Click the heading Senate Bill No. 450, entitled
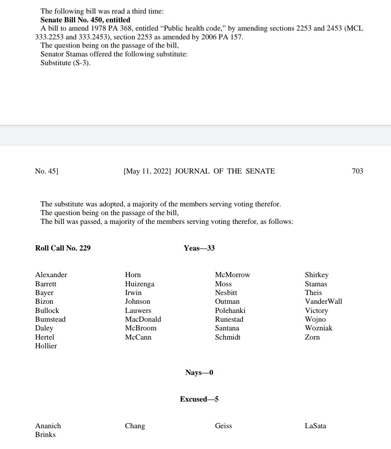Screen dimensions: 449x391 click(85, 20)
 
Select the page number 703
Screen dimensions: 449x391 click(357, 171)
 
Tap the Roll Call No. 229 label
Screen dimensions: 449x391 click(63, 248)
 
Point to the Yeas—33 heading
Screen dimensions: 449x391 click(199, 248)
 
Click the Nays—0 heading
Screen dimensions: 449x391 click(199, 372)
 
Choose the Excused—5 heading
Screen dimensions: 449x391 click(199, 399)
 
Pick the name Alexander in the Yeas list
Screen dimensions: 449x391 click(51, 275)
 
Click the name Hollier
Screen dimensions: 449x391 click(46, 346)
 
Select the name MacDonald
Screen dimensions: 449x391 click(143, 319)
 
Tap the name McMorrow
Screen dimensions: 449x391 click(233, 275)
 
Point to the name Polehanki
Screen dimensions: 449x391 click(230, 310)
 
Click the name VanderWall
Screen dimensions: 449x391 click(324, 301)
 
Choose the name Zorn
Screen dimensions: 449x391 click(312, 337)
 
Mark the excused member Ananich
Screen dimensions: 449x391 click(48, 426)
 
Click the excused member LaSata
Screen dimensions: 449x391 click(315, 426)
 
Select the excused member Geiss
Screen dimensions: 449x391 click(223, 426)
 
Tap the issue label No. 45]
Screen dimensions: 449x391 click(47, 171)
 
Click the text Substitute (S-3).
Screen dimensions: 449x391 click(65, 63)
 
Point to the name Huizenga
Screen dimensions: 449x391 click(140, 284)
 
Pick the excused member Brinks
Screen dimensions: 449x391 click(45, 434)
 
